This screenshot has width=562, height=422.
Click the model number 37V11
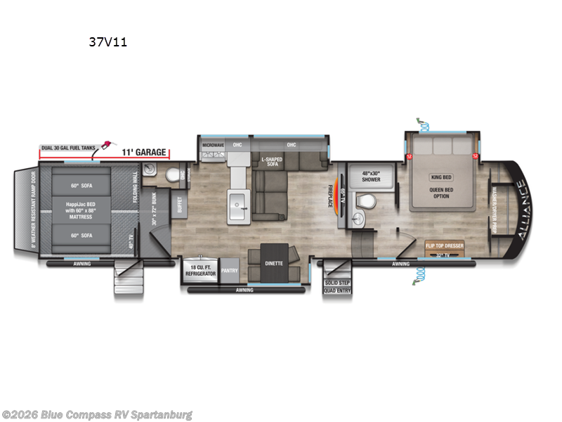[x=107, y=41]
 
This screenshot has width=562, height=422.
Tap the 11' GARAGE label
[x=143, y=152]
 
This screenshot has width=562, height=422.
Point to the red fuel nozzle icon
[x=106, y=146]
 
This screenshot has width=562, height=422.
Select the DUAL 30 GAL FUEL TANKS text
[x=68, y=148]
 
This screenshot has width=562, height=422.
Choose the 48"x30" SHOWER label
[x=371, y=176]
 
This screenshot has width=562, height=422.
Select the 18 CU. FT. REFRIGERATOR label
[x=201, y=270]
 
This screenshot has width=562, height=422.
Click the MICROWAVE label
[x=213, y=145]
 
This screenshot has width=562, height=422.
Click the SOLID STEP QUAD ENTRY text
[x=336, y=286]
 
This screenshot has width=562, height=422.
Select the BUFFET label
[x=180, y=205]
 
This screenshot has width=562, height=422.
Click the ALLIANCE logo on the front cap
[x=520, y=211]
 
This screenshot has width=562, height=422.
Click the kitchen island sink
[x=238, y=200]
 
